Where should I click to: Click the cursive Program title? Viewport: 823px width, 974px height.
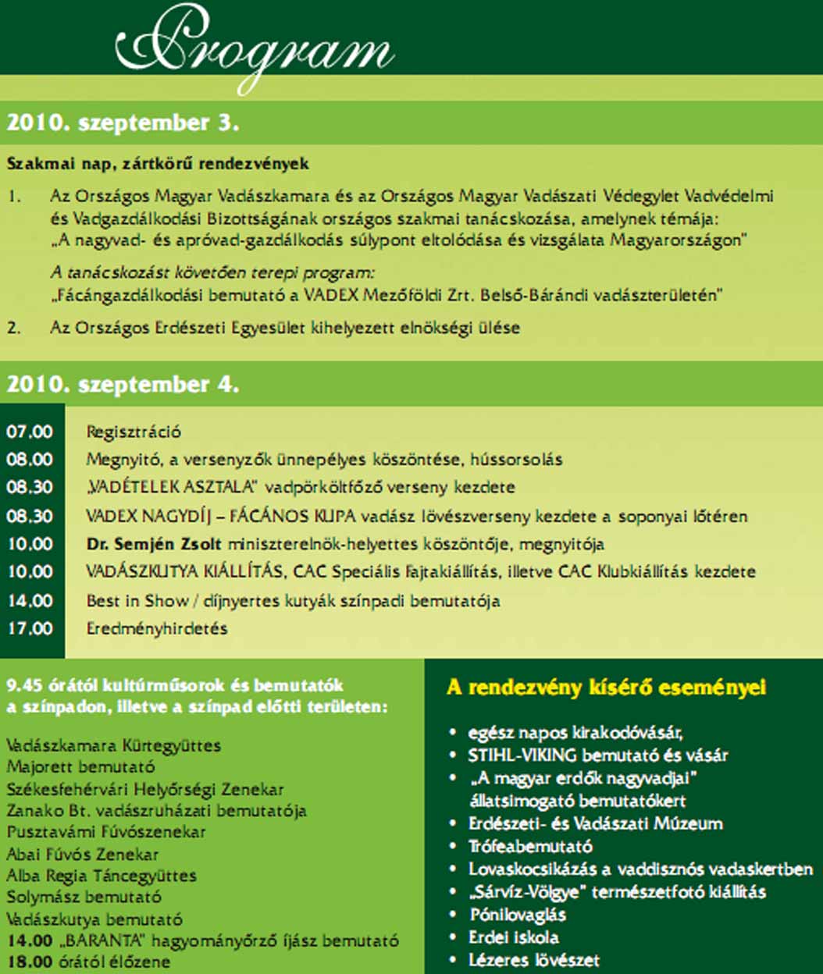[255, 48]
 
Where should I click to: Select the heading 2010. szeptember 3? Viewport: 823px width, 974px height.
[123, 123]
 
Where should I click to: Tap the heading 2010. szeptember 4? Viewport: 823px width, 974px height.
[123, 385]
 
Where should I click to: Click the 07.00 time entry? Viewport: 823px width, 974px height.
[30, 432]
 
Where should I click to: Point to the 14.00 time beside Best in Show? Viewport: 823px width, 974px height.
[30, 601]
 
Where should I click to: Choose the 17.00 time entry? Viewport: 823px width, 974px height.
[30, 628]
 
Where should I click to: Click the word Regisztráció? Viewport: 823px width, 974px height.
[134, 432]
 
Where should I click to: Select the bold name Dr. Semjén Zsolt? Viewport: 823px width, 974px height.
[154, 544]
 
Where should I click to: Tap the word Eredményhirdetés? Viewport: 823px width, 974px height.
[157, 628]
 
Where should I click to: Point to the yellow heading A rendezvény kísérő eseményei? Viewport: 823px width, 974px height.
[606, 688]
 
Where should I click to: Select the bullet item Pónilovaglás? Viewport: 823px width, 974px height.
[518, 915]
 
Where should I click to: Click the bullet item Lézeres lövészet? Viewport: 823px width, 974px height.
[533, 960]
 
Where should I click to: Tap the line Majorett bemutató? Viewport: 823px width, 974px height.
[80, 767]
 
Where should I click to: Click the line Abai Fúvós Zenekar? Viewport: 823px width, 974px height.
[83, 855]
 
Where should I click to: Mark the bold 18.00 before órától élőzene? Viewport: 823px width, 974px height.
[26, 962]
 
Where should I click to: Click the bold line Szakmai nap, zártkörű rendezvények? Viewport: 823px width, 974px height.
[158, 165]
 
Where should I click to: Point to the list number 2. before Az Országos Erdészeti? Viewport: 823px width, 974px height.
[14, 328]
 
